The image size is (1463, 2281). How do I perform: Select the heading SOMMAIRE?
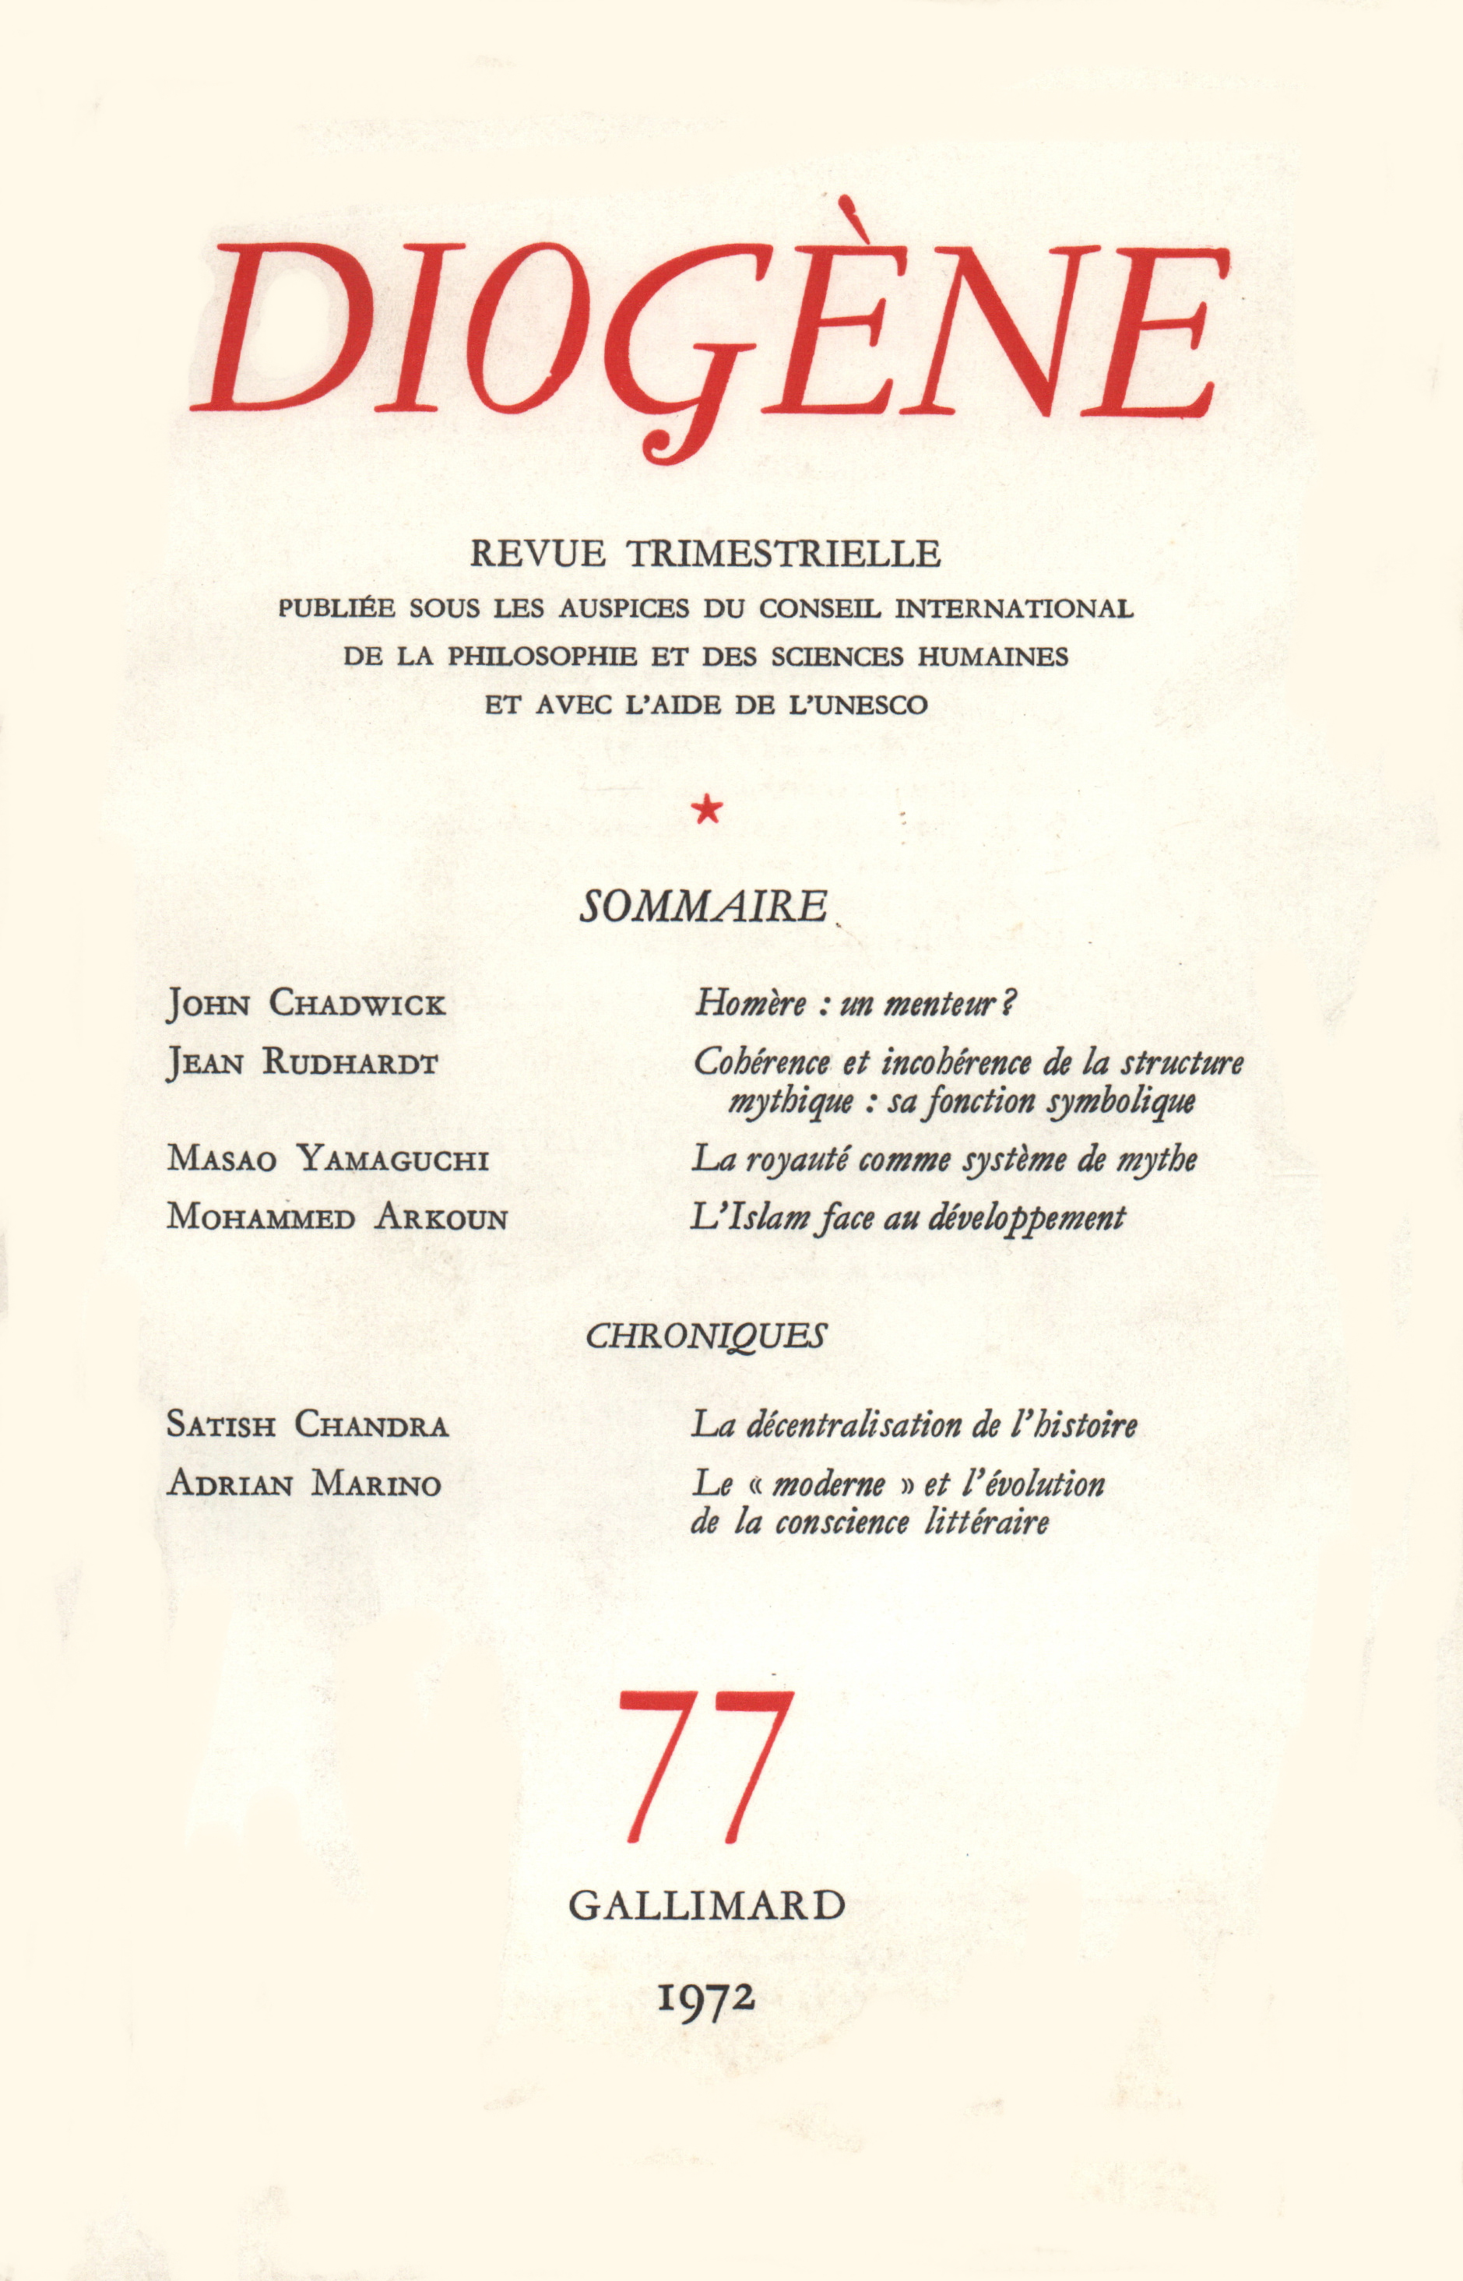click(x=702, y=907)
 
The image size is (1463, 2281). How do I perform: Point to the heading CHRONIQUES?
click(x=705, y=1336)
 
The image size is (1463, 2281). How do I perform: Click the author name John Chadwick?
click(x=306, y=1004)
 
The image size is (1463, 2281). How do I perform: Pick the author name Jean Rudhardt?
click(x=302, y=1063)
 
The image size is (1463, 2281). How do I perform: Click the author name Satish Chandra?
click(x=307, y=1425)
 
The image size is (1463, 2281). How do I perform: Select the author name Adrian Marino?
click(x=304, y=1484)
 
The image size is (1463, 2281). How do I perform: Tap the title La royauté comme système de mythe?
click(x=944, y=1159)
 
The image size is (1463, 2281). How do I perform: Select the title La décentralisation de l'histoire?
click(x=914, y=1425)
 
